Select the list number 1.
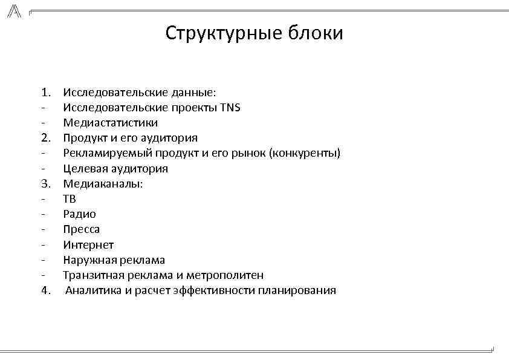[46, 93]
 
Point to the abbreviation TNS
[230, 108]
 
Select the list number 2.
[46, 138]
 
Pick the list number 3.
[46, 183]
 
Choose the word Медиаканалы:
[103, 183]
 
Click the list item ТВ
[70, 199]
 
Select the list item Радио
[79, 214]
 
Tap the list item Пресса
[82, 229]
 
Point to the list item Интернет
[88, 244]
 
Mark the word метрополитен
[229, 275]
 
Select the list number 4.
[46, 290]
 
